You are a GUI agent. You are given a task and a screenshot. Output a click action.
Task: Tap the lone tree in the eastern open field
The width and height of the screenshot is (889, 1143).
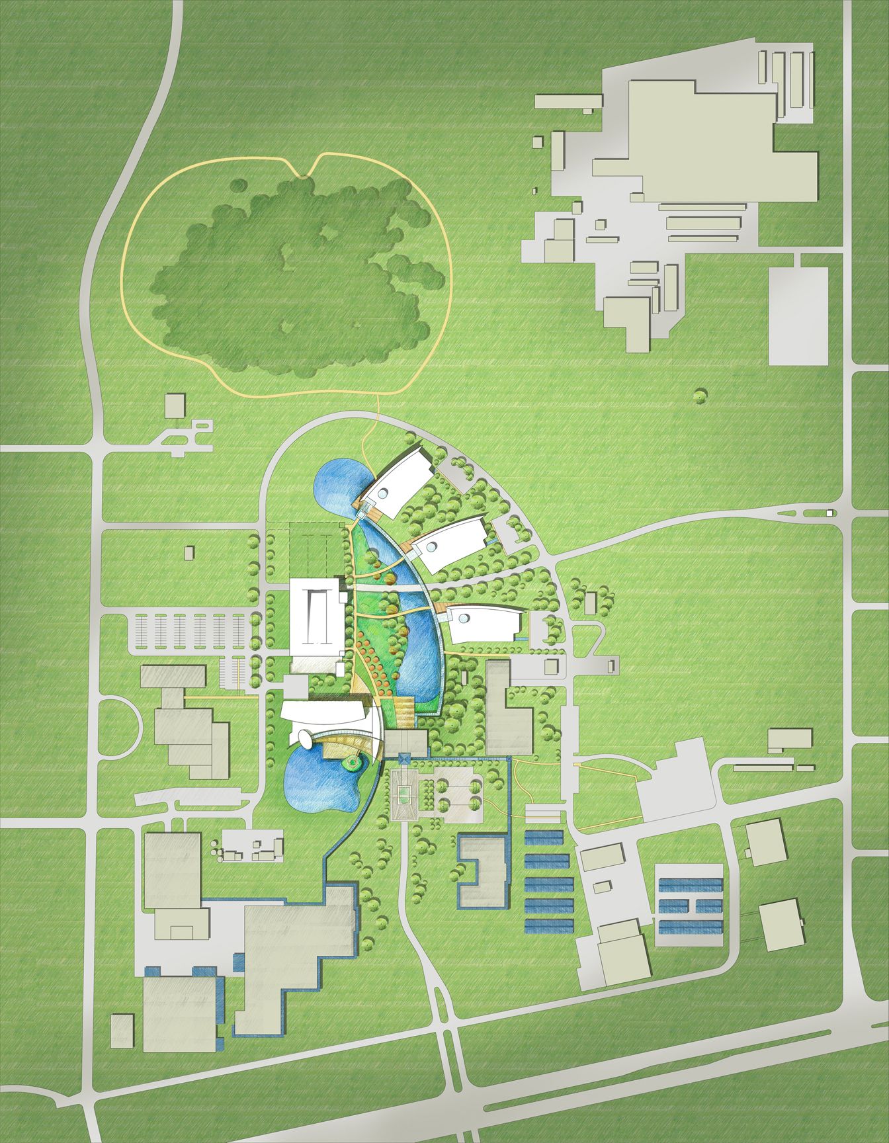click(699, 396)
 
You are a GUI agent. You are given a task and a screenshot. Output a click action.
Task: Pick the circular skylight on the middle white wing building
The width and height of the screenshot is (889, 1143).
click(432, 547)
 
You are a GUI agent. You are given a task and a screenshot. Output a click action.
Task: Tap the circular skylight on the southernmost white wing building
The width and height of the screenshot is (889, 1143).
click(465, 617)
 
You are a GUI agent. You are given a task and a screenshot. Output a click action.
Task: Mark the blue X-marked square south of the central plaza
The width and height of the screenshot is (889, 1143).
click(405, 755)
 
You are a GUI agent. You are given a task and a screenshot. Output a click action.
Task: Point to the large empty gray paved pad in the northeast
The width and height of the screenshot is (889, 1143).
click(798, 316)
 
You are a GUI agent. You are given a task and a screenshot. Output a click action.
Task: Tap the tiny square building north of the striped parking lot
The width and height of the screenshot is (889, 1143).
click(190, 552)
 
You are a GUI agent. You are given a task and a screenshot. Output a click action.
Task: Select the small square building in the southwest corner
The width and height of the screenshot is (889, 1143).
click(122, 1031)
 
